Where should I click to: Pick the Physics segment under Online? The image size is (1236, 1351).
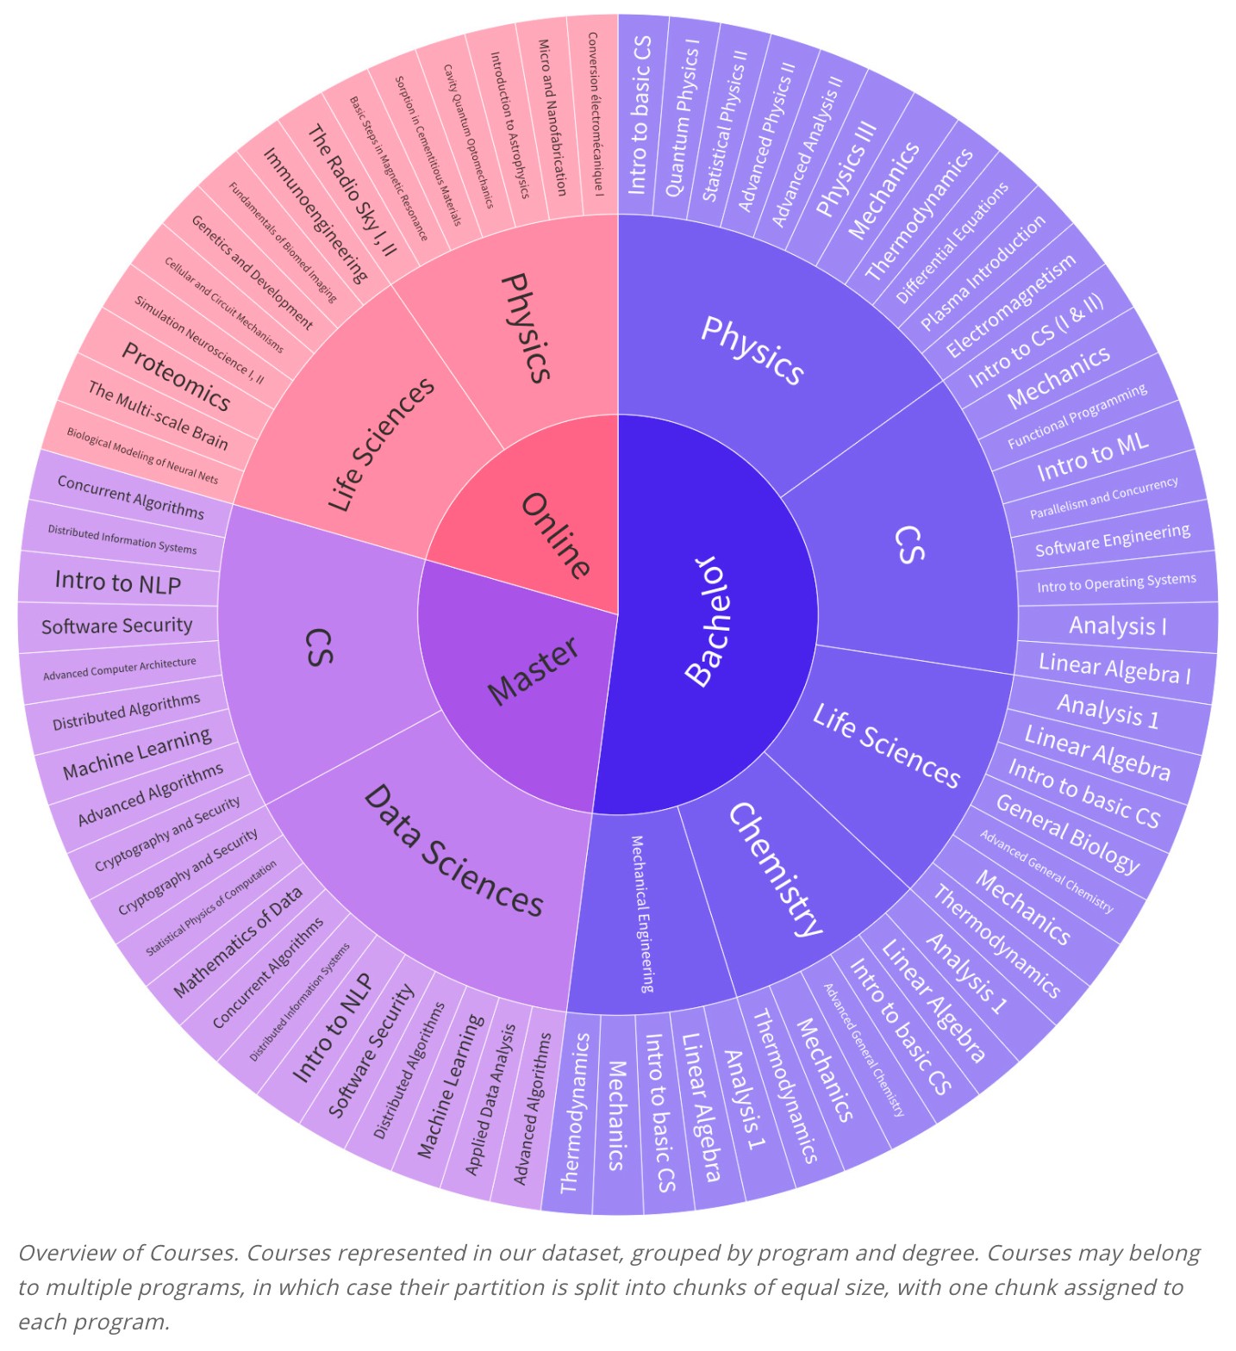pyautogui.click(x=526, y=327)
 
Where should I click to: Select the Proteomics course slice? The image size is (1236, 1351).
pyautogui.click(x=176, y=377)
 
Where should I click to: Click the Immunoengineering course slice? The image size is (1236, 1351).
pyautogui.click(x=315, y=215)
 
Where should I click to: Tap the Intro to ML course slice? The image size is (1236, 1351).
pyautogui.click(x=1092, y=457)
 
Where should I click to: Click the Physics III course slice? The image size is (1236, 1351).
pyautogui.click(x=846, y=167)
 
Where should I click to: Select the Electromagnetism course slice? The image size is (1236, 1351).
pyautogui.click(x=1010, y=305)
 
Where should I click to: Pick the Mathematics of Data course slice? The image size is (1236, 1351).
pyautogui.click(x=238, y=942)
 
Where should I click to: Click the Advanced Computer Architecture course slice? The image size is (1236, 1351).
pyautogui.click(x=120, y=669)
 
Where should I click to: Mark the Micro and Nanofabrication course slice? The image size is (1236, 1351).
pyautogui.click(x=552, y=116)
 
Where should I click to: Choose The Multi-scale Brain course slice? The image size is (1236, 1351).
pyautogui.click(x=158, y=416)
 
